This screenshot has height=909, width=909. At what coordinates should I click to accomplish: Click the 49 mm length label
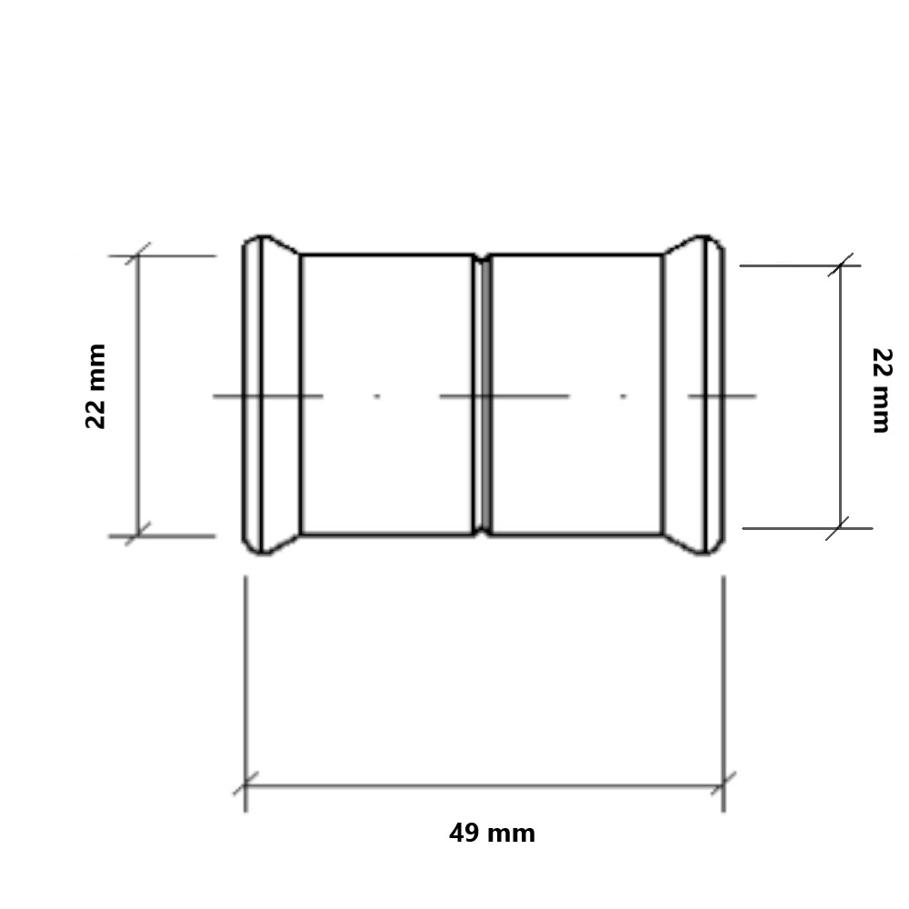(x=492, y=834)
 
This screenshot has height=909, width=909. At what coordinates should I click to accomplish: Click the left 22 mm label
(x=96, y=385)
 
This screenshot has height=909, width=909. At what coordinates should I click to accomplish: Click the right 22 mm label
(x=880, y=390)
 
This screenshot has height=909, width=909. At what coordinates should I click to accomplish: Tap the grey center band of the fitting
(x=485, y=395)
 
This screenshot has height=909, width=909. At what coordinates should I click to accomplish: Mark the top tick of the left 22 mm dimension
(x=138, y=255)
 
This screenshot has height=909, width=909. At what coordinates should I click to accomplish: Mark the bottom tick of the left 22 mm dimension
(x=138, y=535)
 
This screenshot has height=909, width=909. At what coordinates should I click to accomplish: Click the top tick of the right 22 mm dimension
(x=840, y=265)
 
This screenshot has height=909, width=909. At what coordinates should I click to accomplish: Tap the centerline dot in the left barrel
(x=377, y=396)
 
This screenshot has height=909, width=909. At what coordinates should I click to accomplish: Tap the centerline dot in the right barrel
(x=624, y=396)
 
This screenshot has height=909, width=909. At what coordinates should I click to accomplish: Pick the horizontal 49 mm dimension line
(x=484, y=785)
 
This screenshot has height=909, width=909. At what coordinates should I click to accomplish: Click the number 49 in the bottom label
(x=464, y=834)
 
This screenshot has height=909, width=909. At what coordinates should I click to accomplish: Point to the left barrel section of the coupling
(x=386, y=345)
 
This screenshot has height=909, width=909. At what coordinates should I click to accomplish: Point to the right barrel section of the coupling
(x=576, y=345)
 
